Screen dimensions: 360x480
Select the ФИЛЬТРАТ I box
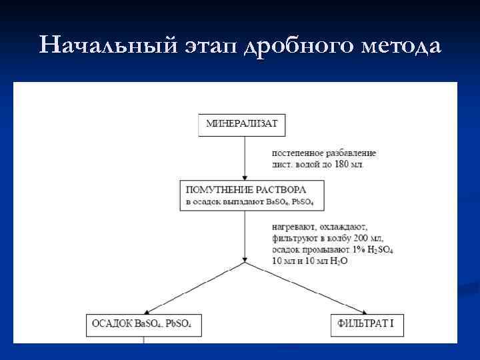coord(365,325)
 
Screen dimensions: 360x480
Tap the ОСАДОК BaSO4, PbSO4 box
coord(143,325)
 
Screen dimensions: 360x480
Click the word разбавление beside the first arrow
coord(353,153)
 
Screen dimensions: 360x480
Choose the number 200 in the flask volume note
coord(357,238)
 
